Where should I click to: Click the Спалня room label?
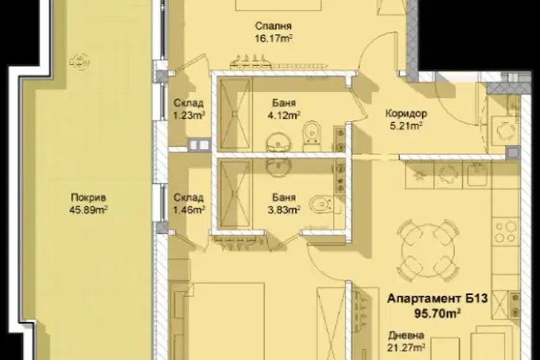click(274, 26)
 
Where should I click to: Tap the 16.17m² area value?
click(274, 38)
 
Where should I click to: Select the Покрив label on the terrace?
click(89, 197)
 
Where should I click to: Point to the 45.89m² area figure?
click(89, 209)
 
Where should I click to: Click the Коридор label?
click(406, 113)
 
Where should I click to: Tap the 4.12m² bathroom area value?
click(284, 116)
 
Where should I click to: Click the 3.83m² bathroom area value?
click(284, 210)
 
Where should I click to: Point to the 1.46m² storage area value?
click(189, 210)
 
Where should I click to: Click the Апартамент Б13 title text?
click(438, 298)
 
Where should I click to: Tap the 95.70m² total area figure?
click(438, 313)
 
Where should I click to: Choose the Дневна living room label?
click(406, 335)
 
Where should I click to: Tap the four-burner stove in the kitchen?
click(506, 232)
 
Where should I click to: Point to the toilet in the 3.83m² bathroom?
click(321, 205)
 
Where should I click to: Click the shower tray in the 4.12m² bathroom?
click(235, 114)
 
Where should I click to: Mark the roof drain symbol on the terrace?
click(80, 62)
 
